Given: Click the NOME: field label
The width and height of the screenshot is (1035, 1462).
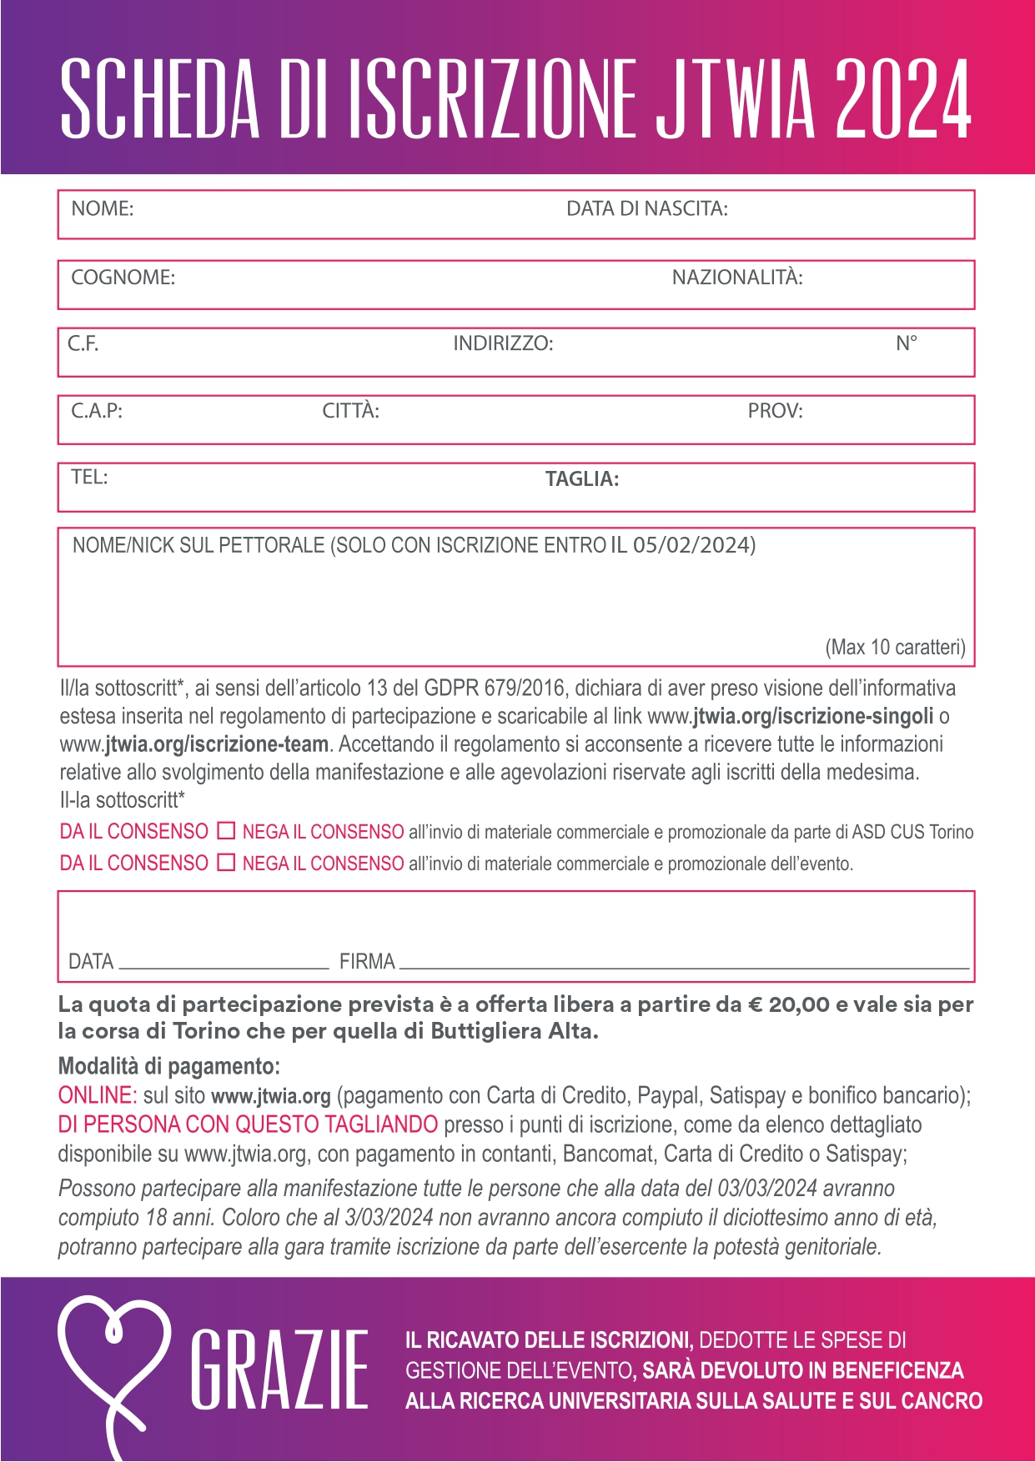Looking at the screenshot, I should point(102,208).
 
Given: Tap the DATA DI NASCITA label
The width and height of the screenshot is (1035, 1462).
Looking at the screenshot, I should point(646,208).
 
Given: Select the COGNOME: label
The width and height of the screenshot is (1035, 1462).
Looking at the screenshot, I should point(123,278).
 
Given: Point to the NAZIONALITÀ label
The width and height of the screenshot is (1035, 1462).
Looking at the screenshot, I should point(737,278).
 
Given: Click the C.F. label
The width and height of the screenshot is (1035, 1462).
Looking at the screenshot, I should point(83,343).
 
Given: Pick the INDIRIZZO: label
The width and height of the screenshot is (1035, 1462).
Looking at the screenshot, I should point(503,343).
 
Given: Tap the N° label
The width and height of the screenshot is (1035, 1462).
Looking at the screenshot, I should point(907,343).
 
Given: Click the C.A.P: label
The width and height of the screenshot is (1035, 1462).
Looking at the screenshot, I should point(96,411).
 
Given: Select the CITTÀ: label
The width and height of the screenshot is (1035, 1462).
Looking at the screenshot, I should point(350,411).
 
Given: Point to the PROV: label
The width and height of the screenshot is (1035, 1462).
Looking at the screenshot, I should point(775,411).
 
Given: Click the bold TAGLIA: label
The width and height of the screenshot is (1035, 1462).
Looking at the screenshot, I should point(581,479).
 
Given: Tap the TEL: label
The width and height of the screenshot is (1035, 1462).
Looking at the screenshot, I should point(89,477).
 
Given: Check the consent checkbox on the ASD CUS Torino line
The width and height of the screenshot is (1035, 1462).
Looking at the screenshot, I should point(226,831).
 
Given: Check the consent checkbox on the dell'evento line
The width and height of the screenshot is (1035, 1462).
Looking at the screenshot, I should point(226,863).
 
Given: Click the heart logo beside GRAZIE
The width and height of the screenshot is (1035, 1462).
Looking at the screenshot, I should point(113,1367).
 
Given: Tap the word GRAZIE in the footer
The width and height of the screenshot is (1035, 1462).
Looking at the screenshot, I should point(279,1369).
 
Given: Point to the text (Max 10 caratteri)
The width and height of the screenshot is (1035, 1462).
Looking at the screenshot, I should point(895,648).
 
